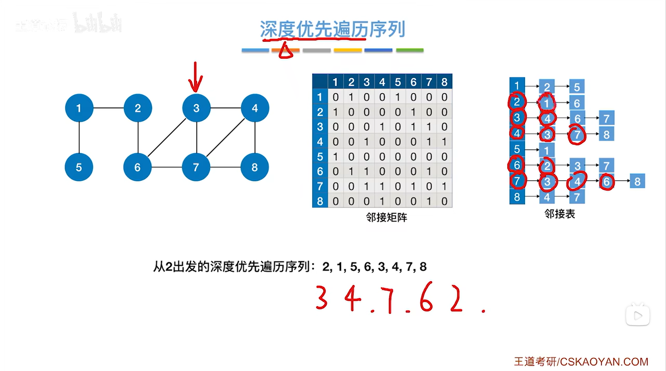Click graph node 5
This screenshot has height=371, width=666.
(x=79, y=167)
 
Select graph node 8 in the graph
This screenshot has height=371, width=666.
(x=254, y=167)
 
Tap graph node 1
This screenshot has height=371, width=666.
(x=79, y=108)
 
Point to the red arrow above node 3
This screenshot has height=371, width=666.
(x=195, y=77)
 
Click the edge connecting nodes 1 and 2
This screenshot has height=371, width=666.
(x=108, y=108)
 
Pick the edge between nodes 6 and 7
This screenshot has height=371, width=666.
(x=167, y=167)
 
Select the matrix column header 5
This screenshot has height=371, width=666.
(x=398, y=82)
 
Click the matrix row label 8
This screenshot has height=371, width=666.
(x=320, y=201)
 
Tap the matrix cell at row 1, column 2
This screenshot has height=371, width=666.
(x=351, y=97)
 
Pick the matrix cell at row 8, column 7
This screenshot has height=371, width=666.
(x=429, y=201)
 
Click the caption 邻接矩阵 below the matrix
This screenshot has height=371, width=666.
(x=386, y=218)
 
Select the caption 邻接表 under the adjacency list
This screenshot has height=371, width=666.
(x=560, y=214)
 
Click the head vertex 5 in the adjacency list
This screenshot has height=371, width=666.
(x=517, y=149)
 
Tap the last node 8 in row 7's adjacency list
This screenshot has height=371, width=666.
(x=637, y=181)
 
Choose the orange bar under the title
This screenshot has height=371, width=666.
(x=286, y=50)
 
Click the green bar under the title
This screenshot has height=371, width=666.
(x=410, y=50)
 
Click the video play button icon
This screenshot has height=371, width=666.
(x=637, y=315)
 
